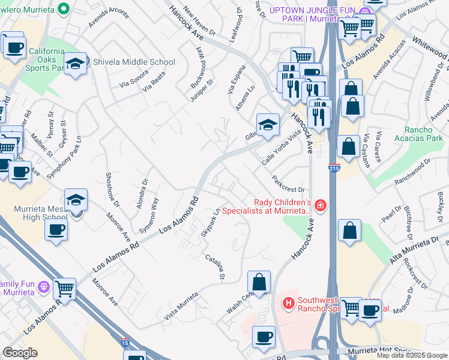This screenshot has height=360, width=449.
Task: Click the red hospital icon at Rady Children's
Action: point(321,206)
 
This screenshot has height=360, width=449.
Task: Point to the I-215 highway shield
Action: point(334,170)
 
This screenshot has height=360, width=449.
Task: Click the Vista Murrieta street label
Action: point(181,305)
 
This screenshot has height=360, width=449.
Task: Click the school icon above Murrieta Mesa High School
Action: point(76,200)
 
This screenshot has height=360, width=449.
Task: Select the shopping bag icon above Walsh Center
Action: point(259,281)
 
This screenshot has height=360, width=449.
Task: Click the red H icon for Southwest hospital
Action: point(289,304)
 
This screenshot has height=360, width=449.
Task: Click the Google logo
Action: point(20,353)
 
